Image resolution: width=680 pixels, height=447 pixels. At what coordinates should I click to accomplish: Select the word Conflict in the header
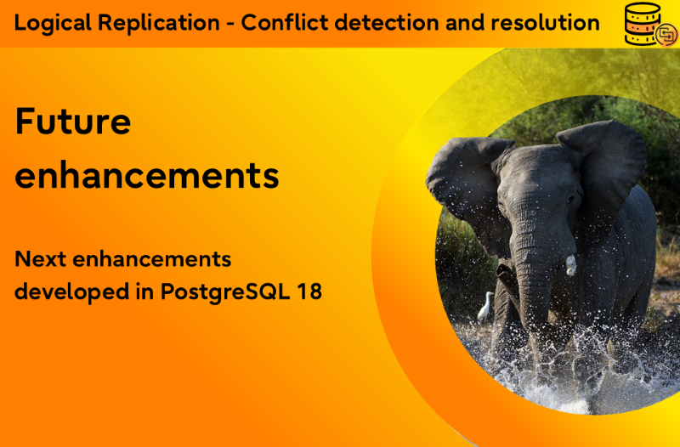284,23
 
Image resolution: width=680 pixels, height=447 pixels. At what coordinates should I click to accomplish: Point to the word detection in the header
387,23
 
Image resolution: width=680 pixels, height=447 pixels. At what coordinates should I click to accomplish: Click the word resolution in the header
545,23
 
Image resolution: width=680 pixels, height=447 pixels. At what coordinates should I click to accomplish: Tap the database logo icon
650,25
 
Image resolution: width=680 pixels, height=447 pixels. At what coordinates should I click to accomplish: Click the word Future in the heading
73,122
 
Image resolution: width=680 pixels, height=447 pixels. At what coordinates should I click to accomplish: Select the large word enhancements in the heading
147,176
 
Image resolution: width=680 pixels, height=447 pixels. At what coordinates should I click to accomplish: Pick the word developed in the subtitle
72,291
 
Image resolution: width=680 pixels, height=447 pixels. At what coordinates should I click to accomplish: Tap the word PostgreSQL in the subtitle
225,291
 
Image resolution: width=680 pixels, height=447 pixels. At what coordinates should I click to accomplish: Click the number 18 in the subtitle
309,291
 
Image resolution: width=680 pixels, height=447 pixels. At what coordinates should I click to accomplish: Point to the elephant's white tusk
570,265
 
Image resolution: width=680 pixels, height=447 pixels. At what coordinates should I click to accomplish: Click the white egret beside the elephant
485,307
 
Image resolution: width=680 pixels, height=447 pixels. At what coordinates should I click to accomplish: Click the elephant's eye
571,201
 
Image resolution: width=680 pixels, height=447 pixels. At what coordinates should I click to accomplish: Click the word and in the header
465,23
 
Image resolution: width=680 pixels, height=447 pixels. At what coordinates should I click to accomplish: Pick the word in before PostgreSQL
144,291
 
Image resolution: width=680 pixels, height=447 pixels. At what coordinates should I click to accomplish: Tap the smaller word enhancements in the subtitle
152,259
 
